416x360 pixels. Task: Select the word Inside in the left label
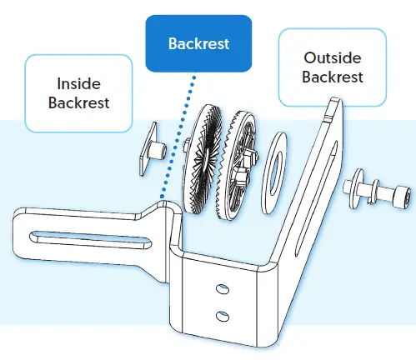click(x=78, y=84)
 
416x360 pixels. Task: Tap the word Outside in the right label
click(x=333, y=59)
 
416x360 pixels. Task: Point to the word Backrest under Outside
click(x=333, y=77)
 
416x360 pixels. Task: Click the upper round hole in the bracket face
click(x=220, y=288)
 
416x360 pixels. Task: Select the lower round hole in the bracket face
click(x=222, y=315)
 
